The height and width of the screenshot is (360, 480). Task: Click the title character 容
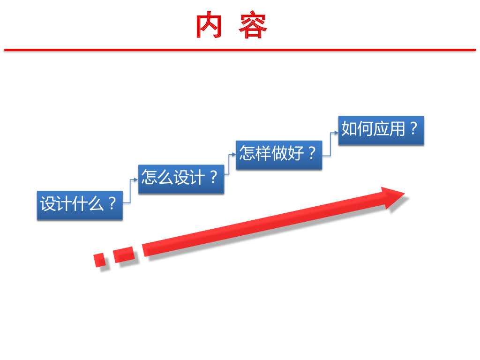coord(253,26)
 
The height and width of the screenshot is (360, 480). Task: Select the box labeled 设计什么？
coord(80,205)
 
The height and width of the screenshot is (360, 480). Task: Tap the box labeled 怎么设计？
coord(181,179)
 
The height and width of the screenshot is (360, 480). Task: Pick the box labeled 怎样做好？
coord(279,154)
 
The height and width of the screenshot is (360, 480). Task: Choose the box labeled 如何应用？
coord(381,130)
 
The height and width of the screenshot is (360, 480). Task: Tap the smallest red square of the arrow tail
coord(99,260)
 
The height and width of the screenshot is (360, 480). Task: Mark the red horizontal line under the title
coord(240,49)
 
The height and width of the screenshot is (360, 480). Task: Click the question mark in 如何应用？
coord(413,128)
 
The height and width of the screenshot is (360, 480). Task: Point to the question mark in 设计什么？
coord(112,204)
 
